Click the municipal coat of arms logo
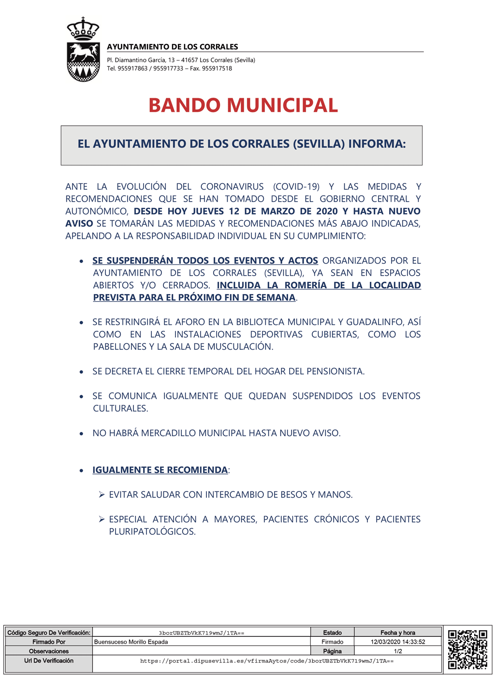point(83,50)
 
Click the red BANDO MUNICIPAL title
point(243,105)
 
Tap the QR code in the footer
point(467,649)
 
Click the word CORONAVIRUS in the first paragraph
point(232,187)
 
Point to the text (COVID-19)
point(296,187)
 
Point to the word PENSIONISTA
point(334,371)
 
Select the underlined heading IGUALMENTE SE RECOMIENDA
point(160,470)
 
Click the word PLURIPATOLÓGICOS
point(152,532)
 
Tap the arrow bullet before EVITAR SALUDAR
point(102,494)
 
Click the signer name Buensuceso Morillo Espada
point(131,642)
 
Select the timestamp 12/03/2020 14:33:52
point(398,642)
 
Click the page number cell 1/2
point(398,651)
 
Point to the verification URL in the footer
point(267,661)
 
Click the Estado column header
point(332,633)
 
